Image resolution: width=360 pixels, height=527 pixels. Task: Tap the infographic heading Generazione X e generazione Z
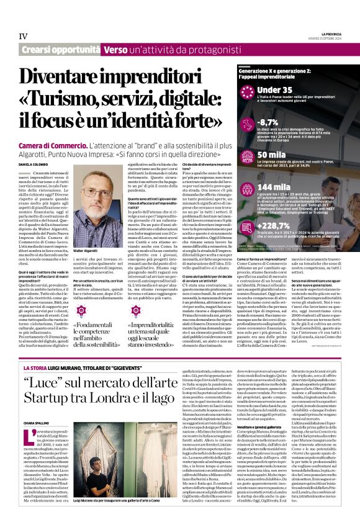click(x=261, y=72)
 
